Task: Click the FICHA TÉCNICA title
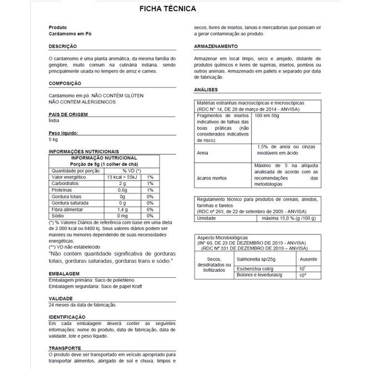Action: [167, 9]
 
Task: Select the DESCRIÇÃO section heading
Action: [62, 46]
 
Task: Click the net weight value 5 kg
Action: [53, 139]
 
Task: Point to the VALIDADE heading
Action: [61, 298]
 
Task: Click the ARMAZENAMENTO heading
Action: [216, 46]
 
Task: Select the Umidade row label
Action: [207, 218]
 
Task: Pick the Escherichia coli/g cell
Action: [273, 268]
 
